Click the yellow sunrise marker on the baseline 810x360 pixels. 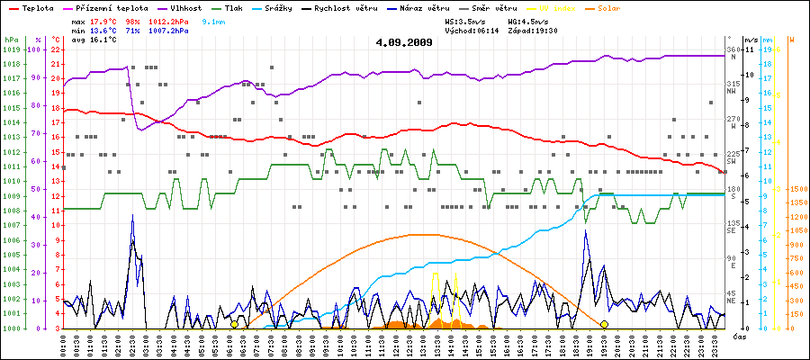[234, 324]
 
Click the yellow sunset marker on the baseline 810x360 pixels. [604, 324]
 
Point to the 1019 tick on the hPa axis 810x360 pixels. [11, 49]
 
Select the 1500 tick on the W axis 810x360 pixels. [796, 189]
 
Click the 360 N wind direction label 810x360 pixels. [732, 52]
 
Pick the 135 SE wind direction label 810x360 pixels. [733, 226]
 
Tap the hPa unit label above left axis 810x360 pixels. [10, 40]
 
